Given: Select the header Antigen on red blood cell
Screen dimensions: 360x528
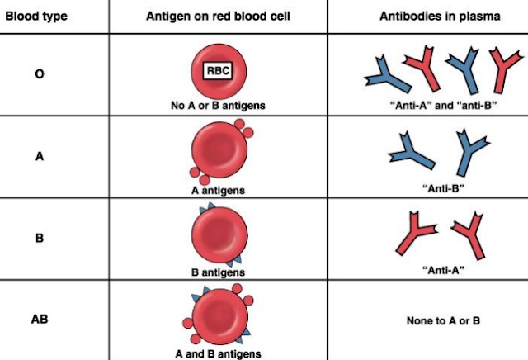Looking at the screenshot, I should [x=219, y=16].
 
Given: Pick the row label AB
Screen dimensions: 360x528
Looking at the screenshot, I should [x=39, y=316].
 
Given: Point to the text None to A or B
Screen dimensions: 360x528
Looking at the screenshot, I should [x=443, y=320].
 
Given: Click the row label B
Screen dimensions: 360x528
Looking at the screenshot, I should [x=39, y=237].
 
